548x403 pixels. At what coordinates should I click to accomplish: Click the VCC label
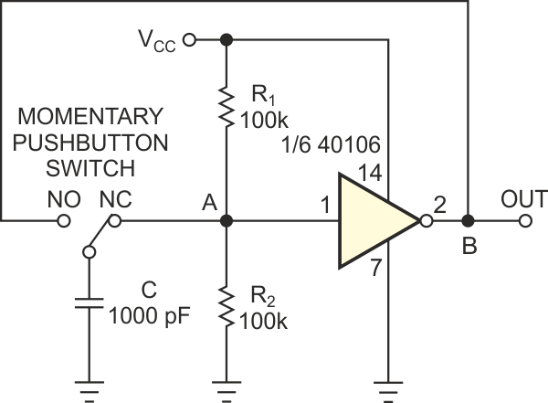pyautogui.click(x=155, y=41)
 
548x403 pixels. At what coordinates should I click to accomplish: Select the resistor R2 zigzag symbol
pyautogui.click(x=226, y=310)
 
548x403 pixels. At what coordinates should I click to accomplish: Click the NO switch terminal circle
pyautogui.click(x=63, y=220)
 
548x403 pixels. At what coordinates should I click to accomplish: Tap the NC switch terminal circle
pyautogui.click(x=115, y=220)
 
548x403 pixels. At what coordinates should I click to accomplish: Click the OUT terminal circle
pyautogui.click(x=526, y=220)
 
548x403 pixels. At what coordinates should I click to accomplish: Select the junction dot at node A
pyautogui.click(x=226, y=220)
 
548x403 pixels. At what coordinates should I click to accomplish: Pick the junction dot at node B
pyautogui.click(x=469, y=220)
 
